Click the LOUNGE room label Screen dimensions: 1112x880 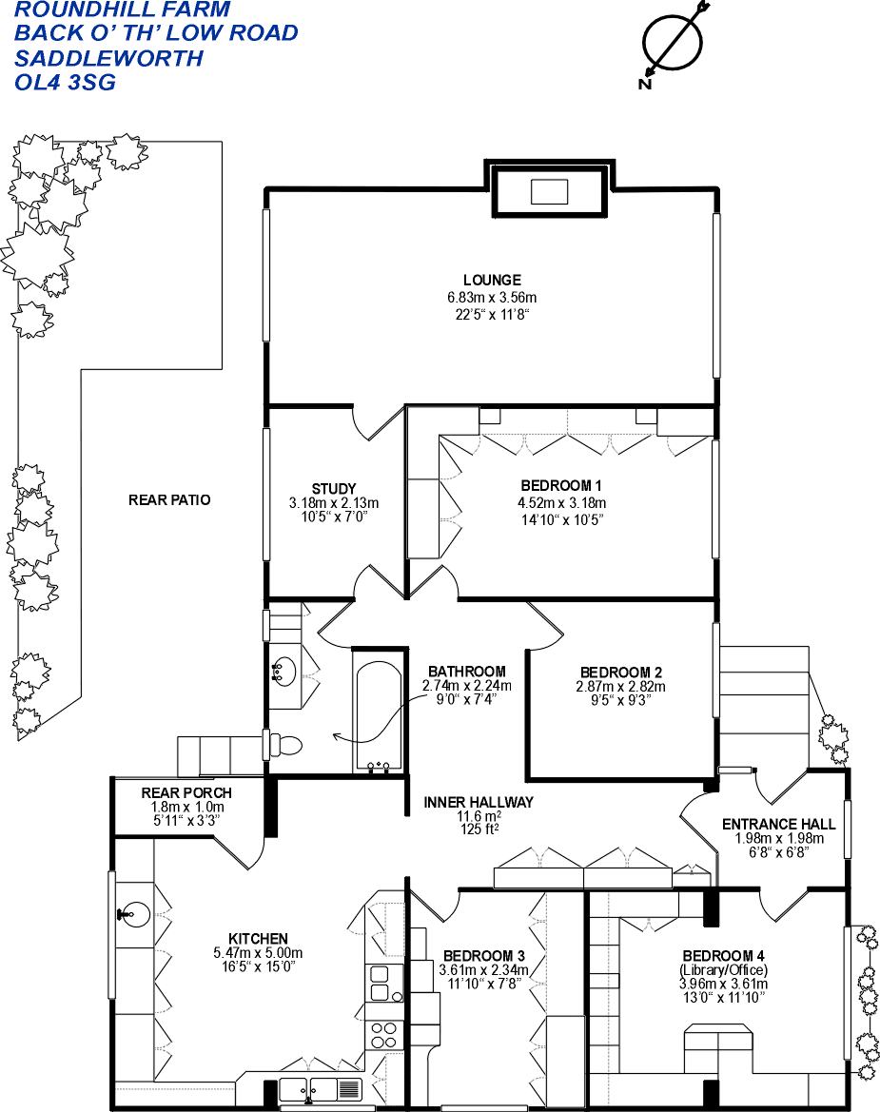tap(492, 280)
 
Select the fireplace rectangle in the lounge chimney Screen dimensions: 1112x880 tap(549, 191)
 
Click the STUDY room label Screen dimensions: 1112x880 tap(333, 489)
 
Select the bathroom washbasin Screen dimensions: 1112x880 tap(284, 673)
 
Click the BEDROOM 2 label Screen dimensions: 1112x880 tap(620, 671)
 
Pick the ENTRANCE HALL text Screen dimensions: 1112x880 tap(778, 824)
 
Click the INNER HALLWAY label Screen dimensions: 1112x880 tap(479, 802)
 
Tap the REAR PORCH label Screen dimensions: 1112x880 tap(186, 792)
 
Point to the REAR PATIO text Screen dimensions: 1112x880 tap(169, 499)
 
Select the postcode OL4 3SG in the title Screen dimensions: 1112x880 tap(66, 82)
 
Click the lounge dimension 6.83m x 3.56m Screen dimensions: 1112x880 tap(492, 297)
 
